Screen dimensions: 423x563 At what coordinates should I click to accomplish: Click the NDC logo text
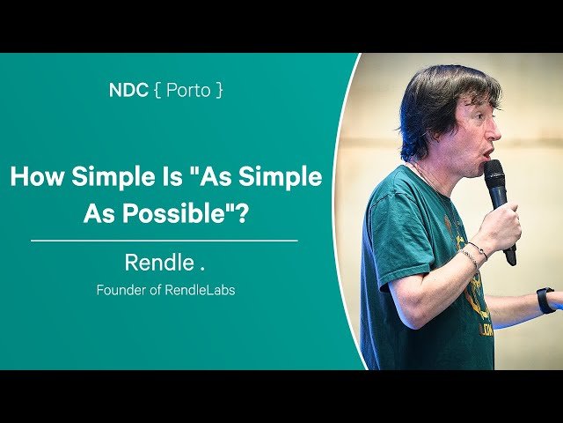tap(127, 90)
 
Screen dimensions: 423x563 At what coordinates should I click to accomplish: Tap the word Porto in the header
tap(190, 90)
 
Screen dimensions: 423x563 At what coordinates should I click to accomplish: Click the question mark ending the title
tap(241, 213)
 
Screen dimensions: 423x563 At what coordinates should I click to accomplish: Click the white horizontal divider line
tap(164, 240)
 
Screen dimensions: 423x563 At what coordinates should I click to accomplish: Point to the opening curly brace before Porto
tap(158, 90)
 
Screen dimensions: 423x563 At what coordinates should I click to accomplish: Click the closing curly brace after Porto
tap(219, 90)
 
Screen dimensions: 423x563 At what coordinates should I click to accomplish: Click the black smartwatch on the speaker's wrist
tap(545, 300)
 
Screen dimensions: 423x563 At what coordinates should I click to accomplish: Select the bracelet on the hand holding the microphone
tap(472, 256)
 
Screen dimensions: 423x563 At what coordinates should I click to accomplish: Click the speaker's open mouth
tap(488, 153)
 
